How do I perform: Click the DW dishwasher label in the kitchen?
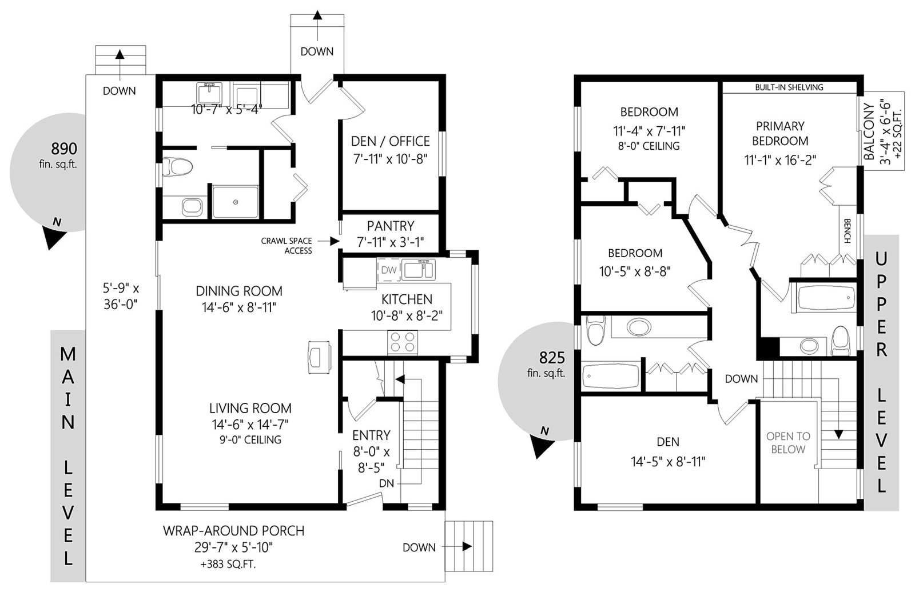pos(389,270)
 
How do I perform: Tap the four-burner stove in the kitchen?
pos(403,342)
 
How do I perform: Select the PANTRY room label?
pos(391,226)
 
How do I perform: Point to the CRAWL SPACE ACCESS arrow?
pos(328,241)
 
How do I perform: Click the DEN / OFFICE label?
pos(391,141)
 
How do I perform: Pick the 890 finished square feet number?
pos(63,149)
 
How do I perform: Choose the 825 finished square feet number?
pos(552,358)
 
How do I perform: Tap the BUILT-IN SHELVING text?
pos(789,87)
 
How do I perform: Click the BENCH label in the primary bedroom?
pos(847,231)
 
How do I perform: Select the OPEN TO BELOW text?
pos(788,442)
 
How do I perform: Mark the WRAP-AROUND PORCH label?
pos(234,531)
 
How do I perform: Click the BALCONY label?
pos(869,132)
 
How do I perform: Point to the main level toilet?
pos(178,167)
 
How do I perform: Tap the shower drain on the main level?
pos(235,202)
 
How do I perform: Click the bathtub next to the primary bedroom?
pos(823,297)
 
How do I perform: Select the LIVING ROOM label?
pos(250,408)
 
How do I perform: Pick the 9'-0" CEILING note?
pos(250,439)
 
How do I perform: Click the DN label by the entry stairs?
pos(387,483)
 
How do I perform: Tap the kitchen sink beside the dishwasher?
pos(419,270)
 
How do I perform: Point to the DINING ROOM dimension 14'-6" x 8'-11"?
pos(239,307)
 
